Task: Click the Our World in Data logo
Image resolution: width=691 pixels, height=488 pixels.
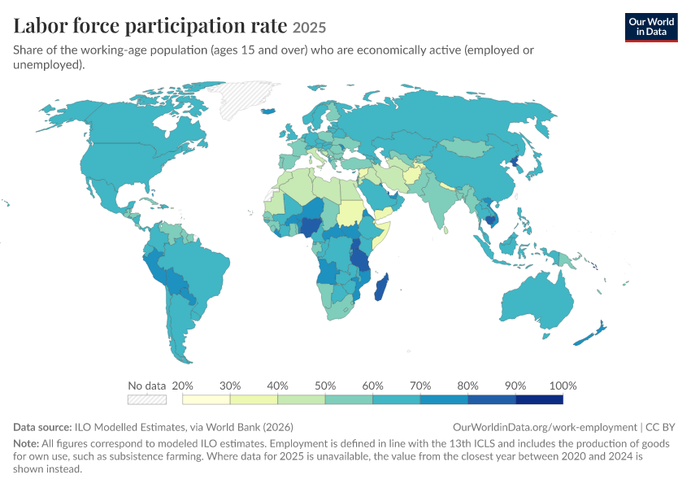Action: pyautogui.click(x=651, y=28)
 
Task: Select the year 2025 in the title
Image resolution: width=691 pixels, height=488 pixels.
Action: pyautogui.click(x=310, y=28)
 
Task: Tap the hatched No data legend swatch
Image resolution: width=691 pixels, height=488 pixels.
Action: pyautogui.click(x=147, y=399)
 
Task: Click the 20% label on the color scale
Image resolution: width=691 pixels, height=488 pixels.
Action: pyautogui.click(x=182, y=386)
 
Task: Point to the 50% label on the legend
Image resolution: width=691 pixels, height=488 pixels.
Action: pyautogui.click(x=325, y=386)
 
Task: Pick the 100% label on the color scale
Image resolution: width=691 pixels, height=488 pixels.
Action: pyautogui.click(x=563, y=386)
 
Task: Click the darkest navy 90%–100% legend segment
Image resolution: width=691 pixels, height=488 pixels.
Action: pyautogui.click(x=540, y=399)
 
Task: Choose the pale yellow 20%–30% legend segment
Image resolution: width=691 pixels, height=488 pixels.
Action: pyautogui.click(x=206, y=399)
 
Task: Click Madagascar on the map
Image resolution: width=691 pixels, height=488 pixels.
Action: pyautogui.click(x=381, y=286)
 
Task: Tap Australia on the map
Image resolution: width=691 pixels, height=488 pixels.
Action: pyautogui.click(x=537, y=302)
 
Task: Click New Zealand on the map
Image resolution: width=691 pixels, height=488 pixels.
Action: pyautogui.click(x=590, y=334)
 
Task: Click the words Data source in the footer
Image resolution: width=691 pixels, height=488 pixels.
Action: pyautogui.click(x=42, y=427)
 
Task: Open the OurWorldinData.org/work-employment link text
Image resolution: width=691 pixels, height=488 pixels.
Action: pyautogui.click(x=545, y=427)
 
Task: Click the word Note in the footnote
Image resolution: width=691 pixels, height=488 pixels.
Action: pyautogui.click(x=26, y=443)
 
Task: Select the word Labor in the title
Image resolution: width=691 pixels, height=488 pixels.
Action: pyautogui.click(x=40, y=25)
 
